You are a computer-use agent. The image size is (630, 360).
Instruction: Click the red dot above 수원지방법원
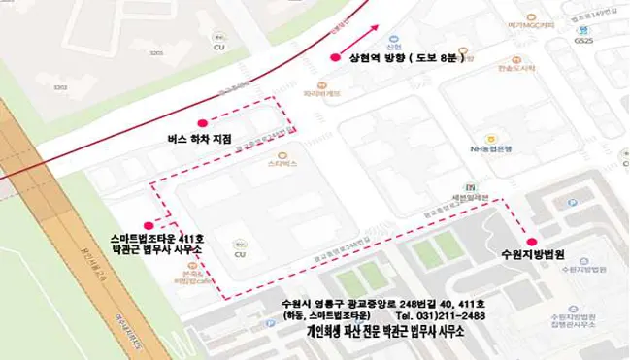pyautogui.click(x=531, y=242)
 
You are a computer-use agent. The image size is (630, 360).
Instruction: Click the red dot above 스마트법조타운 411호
pyautogui.click(x=148, y=226)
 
